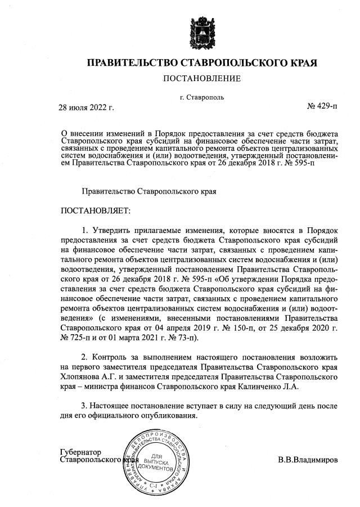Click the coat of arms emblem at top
point(201,29)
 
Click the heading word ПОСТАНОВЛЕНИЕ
point(201,78)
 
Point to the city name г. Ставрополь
point(201,97)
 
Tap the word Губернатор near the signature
point(80,452)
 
